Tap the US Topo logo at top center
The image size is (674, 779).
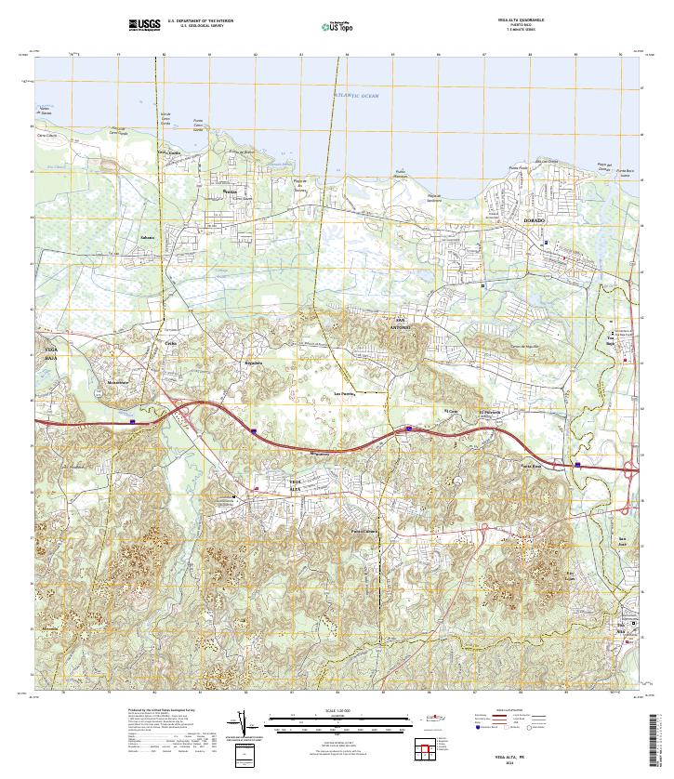(x=338, y=25)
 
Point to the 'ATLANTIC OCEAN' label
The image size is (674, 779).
(x=358, y=96)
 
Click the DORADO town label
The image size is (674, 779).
(x=533, y=220)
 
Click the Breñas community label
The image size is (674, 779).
(x=231, y=191)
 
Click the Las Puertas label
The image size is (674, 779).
(x=345, y=394)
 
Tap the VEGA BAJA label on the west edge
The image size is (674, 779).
(x=50, y=350)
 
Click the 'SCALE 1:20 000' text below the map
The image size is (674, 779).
(x=337, y=712)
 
